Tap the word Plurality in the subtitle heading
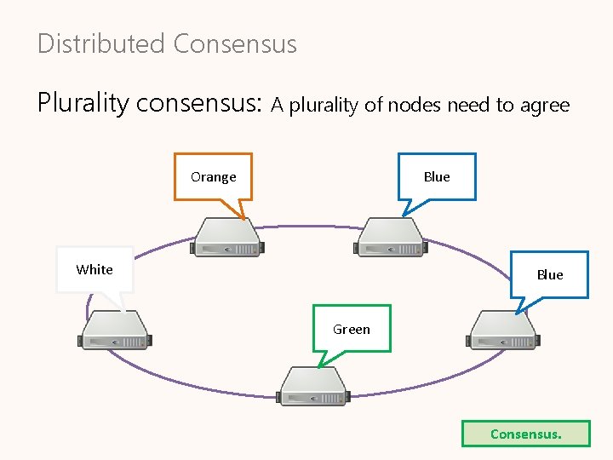coord(83,103)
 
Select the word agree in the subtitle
coord(545,106)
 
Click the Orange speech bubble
coord(213,176)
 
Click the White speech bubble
coord(94,269)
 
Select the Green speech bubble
coord(352,328)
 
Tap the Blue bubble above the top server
coord(437,176)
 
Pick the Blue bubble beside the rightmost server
coord(549,274)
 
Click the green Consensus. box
coord(525,434)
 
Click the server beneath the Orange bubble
coord(227,237)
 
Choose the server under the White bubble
coord(114,330)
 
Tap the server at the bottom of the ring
coord(312,385)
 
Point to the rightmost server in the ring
coord(502,330)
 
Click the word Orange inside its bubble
coord(213,177)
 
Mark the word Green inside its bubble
coord(352,329)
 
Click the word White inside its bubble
coord(94,269)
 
